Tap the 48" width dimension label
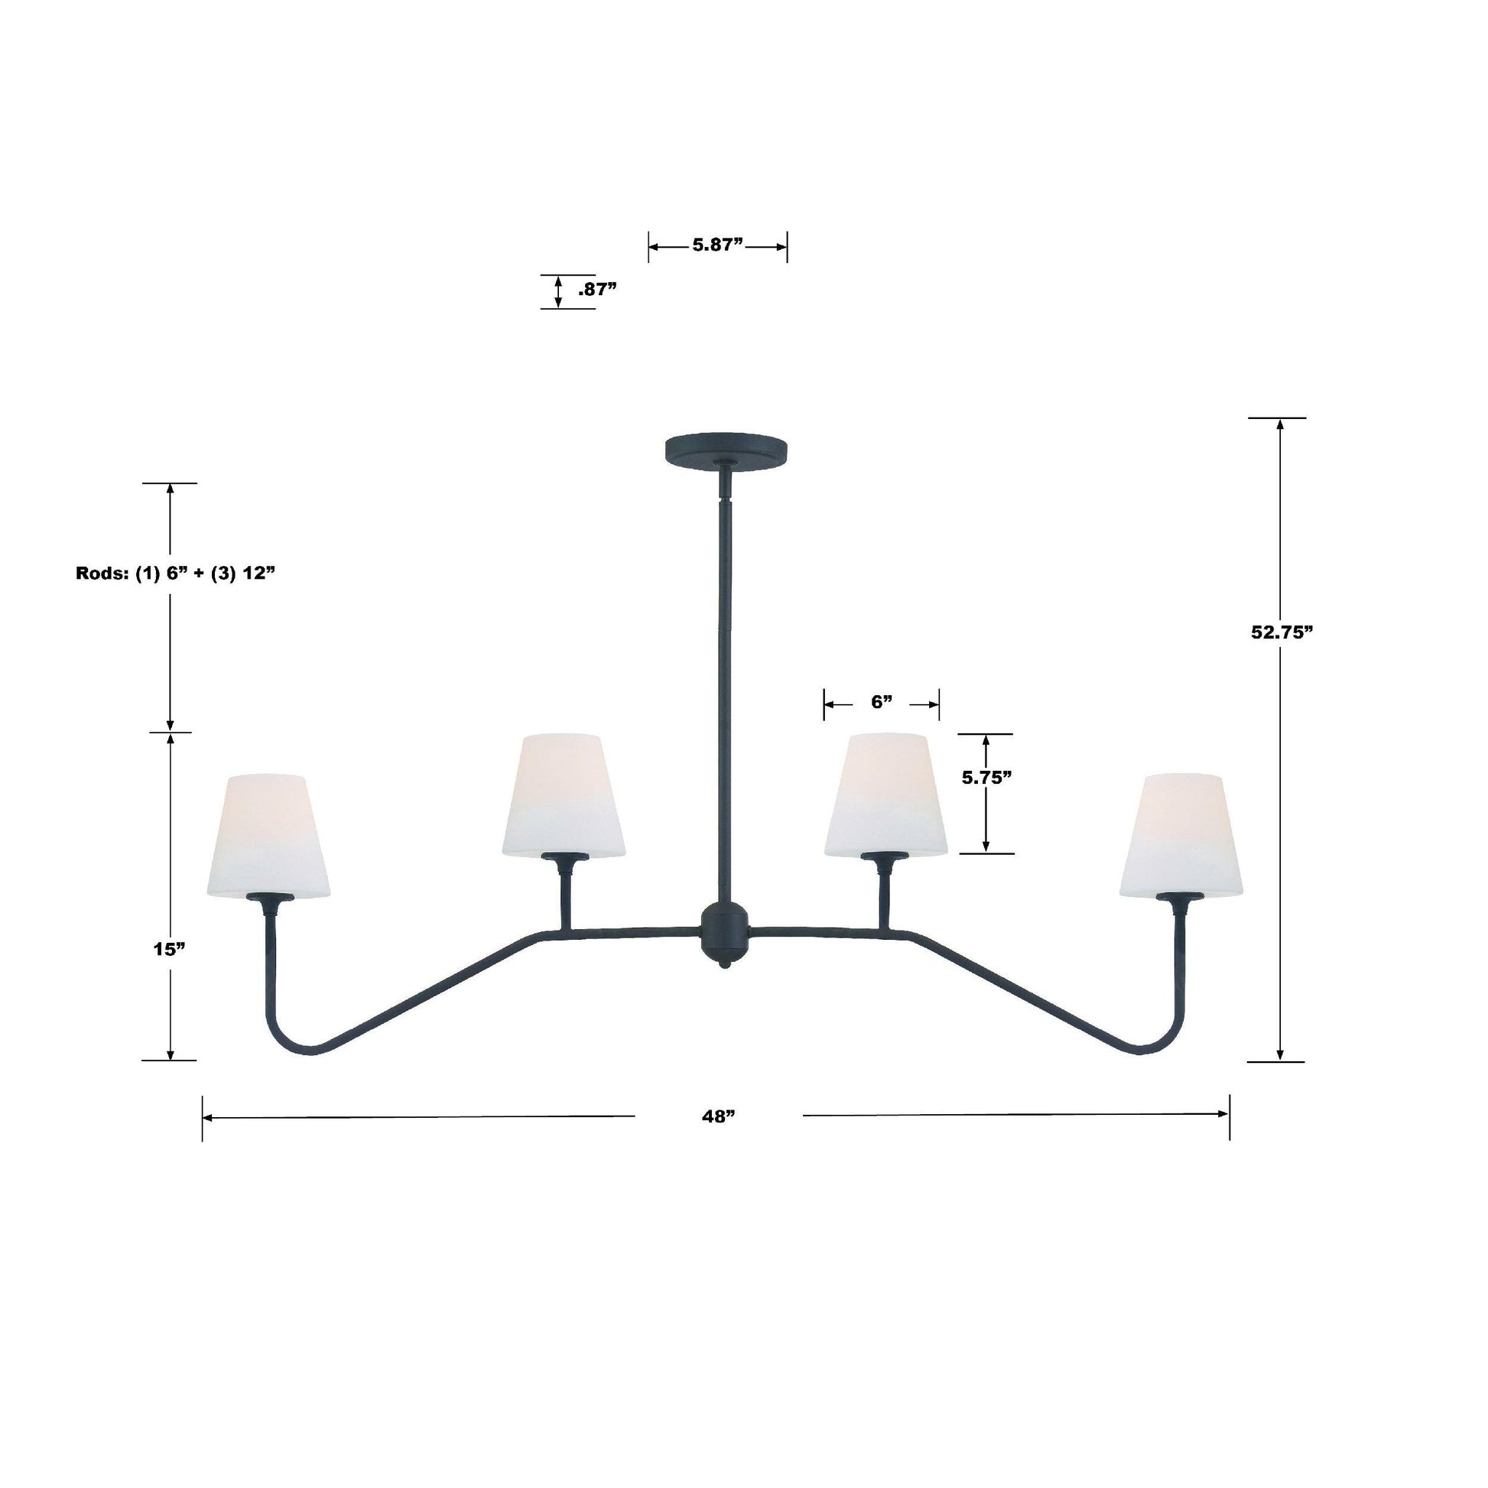click(x=719, y=1116)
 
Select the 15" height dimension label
click(x=171, y=949)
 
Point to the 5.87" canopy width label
click(x=717, y=245)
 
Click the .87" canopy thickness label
click(x=597, y=290)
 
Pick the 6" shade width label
click(x=881, y=702)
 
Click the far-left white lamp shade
click(x=269, y=835)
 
